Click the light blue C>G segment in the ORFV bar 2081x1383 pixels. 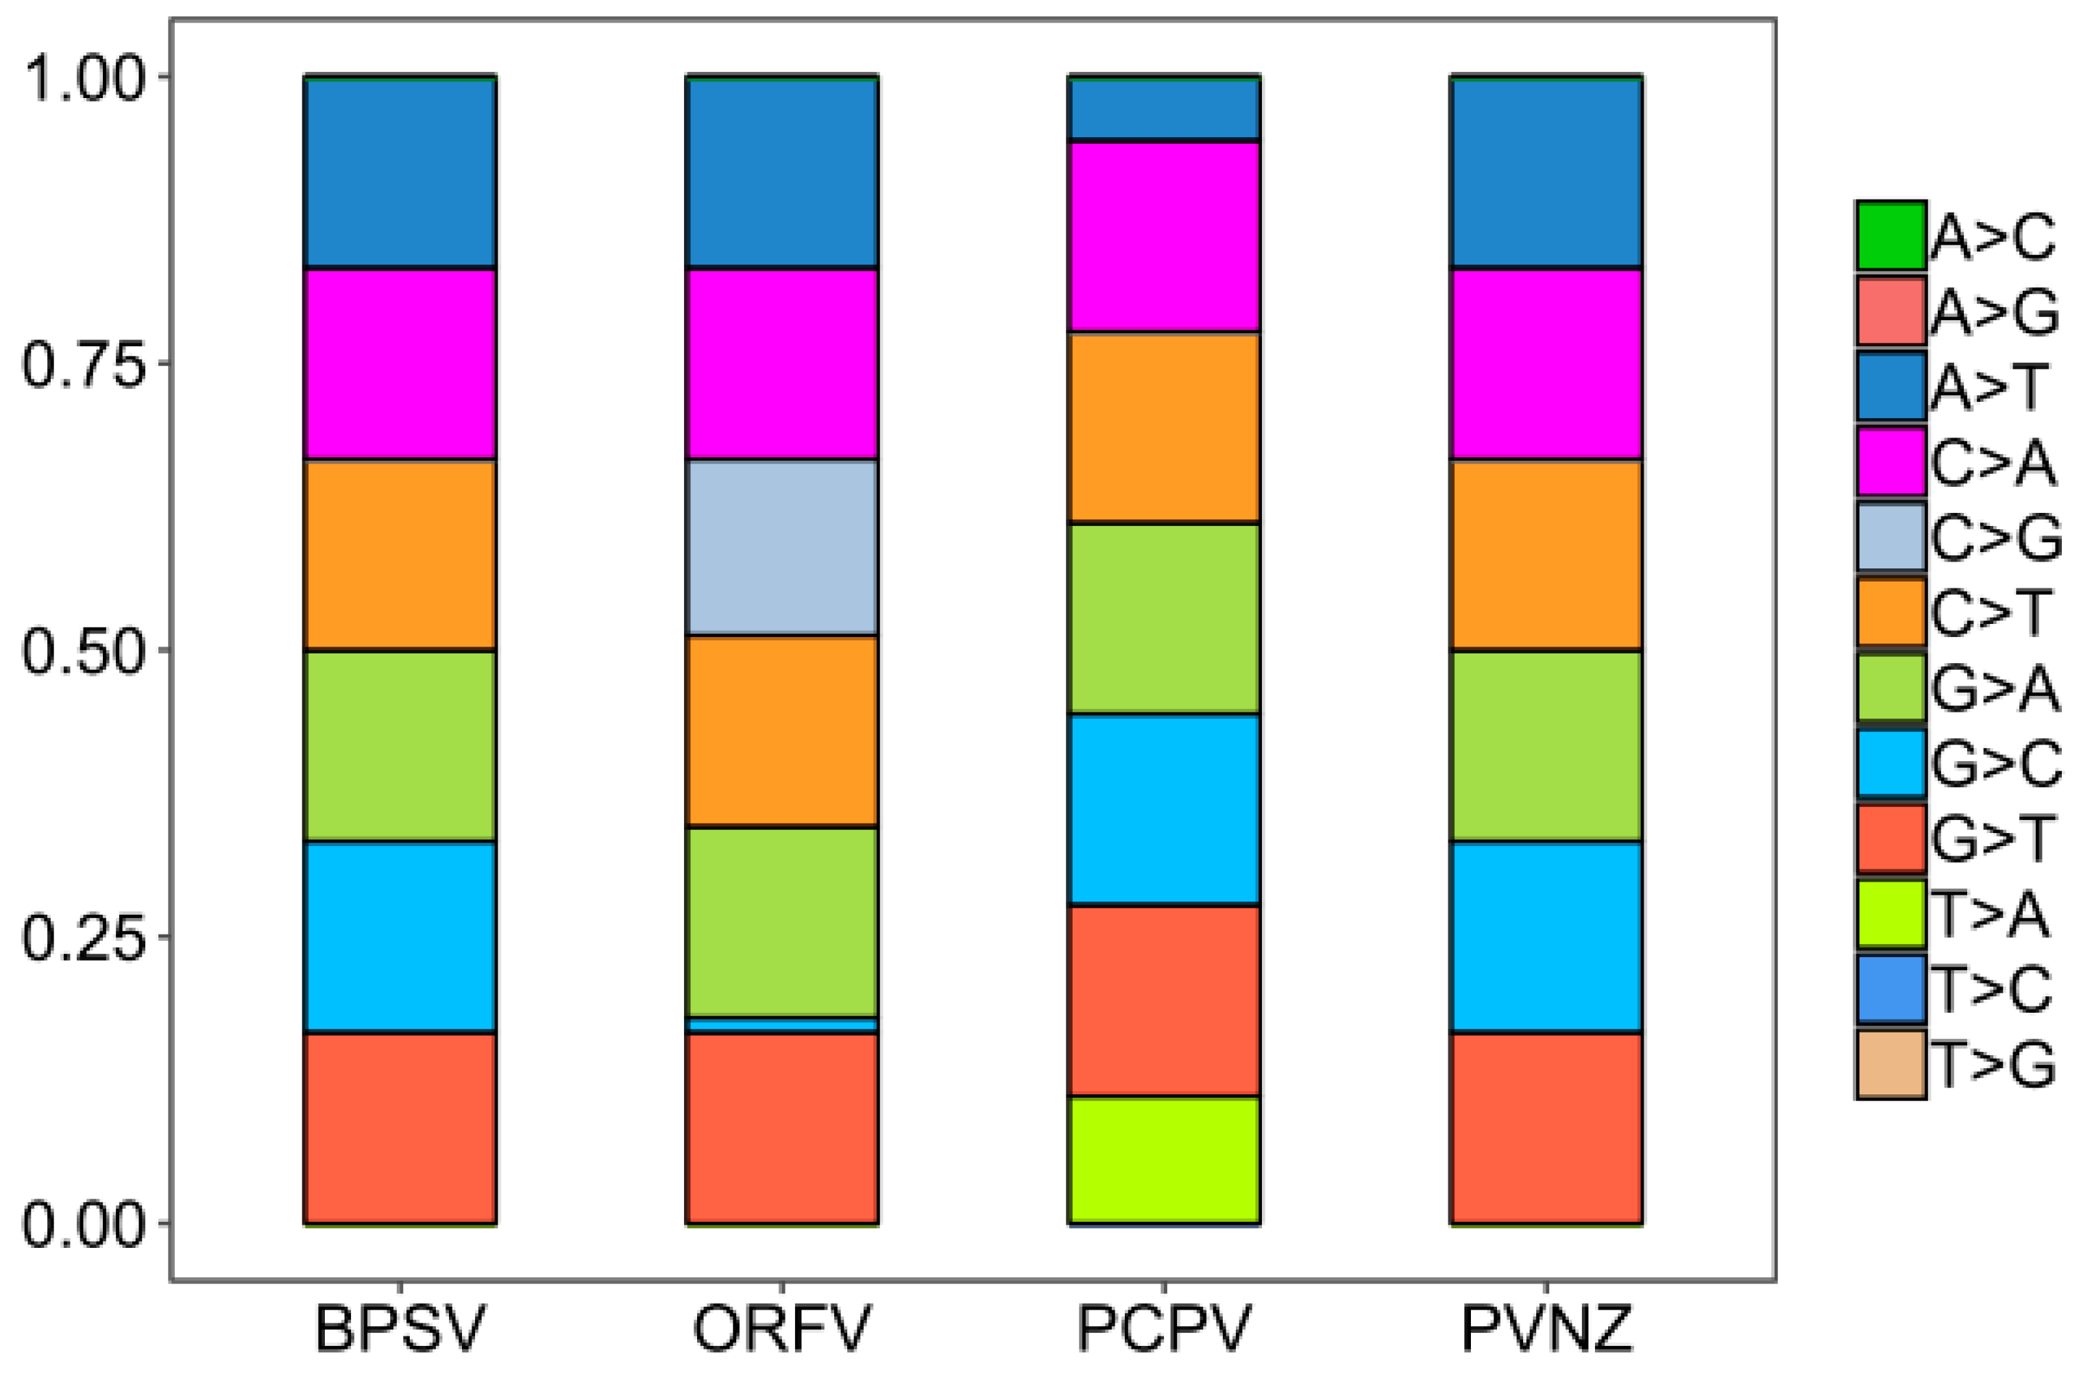[782, 547]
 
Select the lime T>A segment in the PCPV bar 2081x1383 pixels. [1164, 1160]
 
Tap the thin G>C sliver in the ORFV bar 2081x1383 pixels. [782, 1025]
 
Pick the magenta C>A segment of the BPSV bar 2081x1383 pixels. [400, 363]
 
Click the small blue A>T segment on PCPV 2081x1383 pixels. [1164, 108]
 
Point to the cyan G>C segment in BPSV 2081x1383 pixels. [400, 936]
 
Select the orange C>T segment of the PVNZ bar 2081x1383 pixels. [1546, 555]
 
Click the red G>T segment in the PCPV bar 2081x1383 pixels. [1164, 1000]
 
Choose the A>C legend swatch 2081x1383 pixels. [1890, 235]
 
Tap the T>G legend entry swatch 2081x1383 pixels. [1890, 1065]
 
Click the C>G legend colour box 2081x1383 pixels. [1890, 537]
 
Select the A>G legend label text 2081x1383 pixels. [1995, 311]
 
